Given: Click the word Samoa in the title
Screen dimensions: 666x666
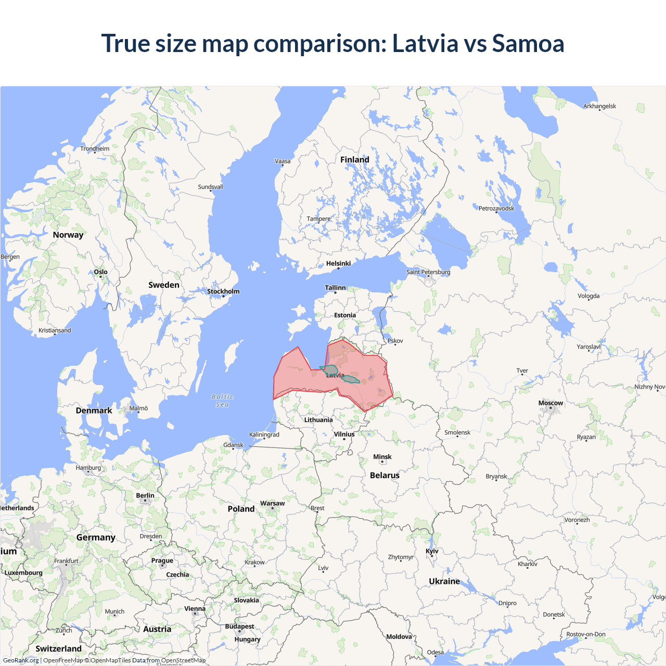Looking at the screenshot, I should [528, 43].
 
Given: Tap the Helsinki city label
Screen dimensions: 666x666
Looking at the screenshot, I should [338, 263].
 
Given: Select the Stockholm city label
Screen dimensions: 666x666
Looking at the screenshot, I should [223, 291].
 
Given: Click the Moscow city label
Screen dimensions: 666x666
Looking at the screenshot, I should [550, 403].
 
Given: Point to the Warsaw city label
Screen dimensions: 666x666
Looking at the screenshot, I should [272, 503].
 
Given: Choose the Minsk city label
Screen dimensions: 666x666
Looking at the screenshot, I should [382, 457].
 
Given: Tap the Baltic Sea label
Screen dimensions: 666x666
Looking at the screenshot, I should [223, 400].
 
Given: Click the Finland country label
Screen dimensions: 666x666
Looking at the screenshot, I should [355, 160].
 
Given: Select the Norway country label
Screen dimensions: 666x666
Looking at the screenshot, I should [68, 235].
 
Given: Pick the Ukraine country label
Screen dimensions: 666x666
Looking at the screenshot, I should [444, 581].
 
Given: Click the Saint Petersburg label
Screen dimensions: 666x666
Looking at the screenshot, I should [428, 272].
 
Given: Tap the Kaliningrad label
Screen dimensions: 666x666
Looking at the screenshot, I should [264, 434].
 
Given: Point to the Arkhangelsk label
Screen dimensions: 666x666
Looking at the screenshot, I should [599, 106].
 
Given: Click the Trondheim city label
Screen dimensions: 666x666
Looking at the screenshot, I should [95, 149].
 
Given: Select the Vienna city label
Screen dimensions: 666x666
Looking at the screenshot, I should [195, 609].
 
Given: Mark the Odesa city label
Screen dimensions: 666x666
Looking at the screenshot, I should [436, 652].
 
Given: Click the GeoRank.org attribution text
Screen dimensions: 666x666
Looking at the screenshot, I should [21, 660].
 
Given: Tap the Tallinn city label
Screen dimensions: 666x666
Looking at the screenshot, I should [335, 288].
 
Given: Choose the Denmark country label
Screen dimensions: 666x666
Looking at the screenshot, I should [94, 411].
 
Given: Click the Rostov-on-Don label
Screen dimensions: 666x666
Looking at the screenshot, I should [586, 634].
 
